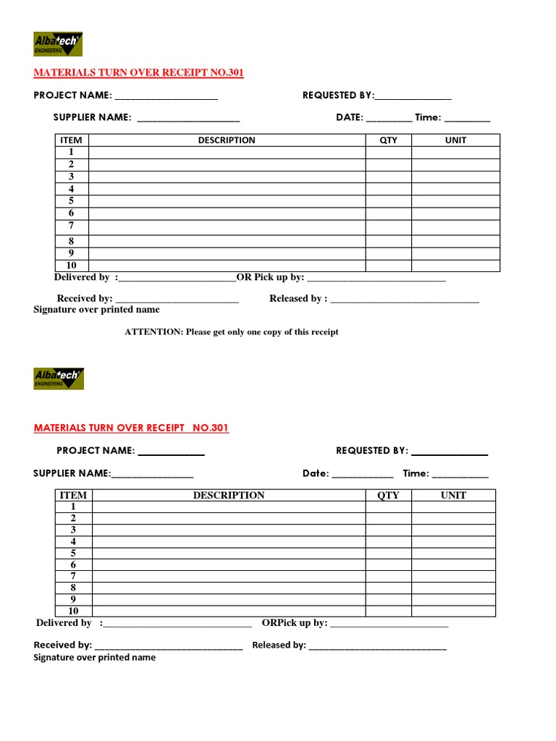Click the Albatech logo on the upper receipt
click(58, 44)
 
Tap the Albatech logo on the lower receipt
click(58, 378)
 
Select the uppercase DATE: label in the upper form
click(349, 117)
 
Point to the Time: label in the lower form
click(416, 473)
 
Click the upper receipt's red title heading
click(143, 73)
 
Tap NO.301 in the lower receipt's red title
click(210, 428)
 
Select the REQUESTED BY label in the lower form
click(371, 451)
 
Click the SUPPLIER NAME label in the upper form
click(92, 117)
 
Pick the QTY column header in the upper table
click(388, 140)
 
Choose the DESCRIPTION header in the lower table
click(228, 496)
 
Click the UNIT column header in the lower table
click(453, 496)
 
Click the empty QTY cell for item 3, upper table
click(388, 177)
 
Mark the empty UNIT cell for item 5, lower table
click(453, 554)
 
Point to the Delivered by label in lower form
click(64, 623)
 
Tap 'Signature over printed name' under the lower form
click(94, 658)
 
